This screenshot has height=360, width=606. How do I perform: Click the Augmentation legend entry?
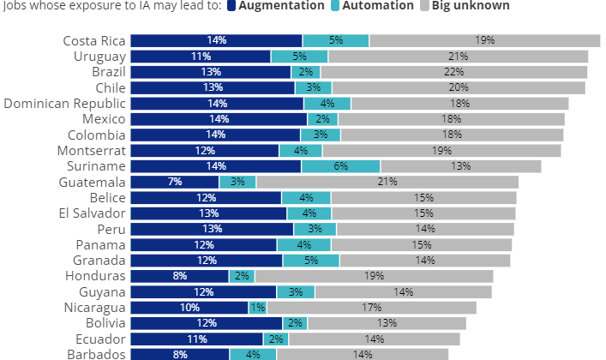pyautogui.click(x=273, y=6)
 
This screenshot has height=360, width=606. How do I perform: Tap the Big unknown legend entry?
pyautogui.click(x=471, y=6)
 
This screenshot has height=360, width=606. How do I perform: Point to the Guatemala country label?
pyautogui.click(x=93, y=182)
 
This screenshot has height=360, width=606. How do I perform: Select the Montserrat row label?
pyautogui.click(x=90, y=150)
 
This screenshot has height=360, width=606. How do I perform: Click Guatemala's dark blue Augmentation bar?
pyautogui.click(x=175, y=182)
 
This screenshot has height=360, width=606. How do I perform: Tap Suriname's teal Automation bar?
pyautogui.click(x=340, y=166)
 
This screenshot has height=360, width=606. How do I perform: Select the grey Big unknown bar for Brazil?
pyautogui.click(x=453, y=72)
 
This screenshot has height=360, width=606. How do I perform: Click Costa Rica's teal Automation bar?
pyautogui.click(x=336, y=40)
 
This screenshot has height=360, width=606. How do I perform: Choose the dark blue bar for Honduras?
pyautogui.click(x=179, y=276)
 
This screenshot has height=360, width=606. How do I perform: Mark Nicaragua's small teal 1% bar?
pyautogui.click(x=257, y=307)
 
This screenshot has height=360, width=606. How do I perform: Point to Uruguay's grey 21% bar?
pyautogui.click(x=458, y=57)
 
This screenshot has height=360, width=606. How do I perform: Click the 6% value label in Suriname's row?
pyautogui.click(x=341, y=166)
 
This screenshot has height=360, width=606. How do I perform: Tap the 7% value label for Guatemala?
pyautogui.click(x=175, y=182)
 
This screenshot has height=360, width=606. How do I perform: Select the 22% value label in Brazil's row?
pyautogui.click(x=454, y=72)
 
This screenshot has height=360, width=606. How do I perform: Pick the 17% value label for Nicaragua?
pyautogui.click(x=371, y=307)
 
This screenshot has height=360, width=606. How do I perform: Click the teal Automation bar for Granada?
pyautogui.click(x=311, y=261)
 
